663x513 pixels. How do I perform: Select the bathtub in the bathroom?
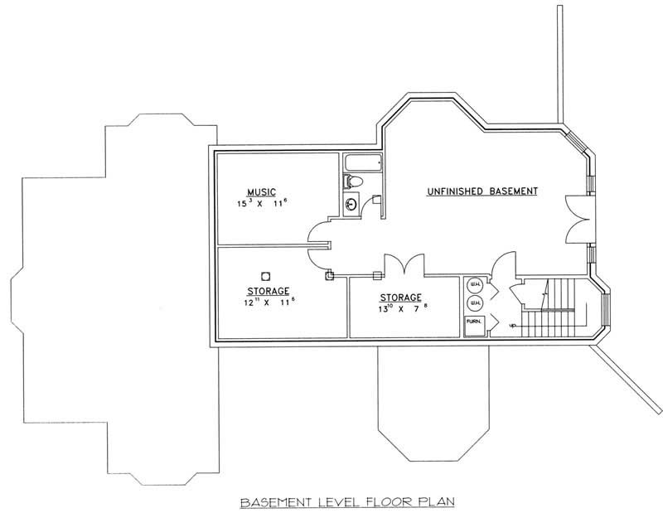click(359, 162)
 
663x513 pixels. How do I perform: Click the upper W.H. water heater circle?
click(475, 286)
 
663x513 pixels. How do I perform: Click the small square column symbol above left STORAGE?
click(266, 276)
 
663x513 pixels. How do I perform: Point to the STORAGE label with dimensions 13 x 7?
click(401, 298)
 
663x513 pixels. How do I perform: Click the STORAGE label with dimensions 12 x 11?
click(267, 291)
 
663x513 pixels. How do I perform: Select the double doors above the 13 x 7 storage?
click(400, 267)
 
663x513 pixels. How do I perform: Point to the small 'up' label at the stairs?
click(514, 327)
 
